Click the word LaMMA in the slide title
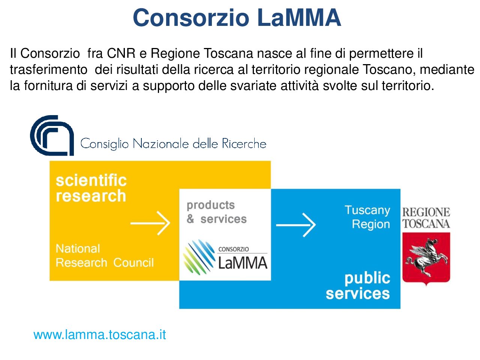(x=299, y=18)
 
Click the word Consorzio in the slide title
(x=191, y=18)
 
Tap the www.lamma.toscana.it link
(x=100, y=334)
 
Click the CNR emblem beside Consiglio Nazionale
(x=52, y=135)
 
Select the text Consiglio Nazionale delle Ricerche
(x=173, y=144)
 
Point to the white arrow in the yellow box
(x=150, y=223)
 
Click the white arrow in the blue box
(x=295, y=225)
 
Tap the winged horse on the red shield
(x=426, y=257)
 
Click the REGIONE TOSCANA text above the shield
(x=426, y=218)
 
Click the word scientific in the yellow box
(x=91, y=180)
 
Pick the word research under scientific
(x=91, y=196)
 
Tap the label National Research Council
(x=105, y=255)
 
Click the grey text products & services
(x=216, y=212)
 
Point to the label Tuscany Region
(x=367, y=217)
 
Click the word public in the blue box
(x=367, y=279)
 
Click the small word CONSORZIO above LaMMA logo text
(x=234, y=249)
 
